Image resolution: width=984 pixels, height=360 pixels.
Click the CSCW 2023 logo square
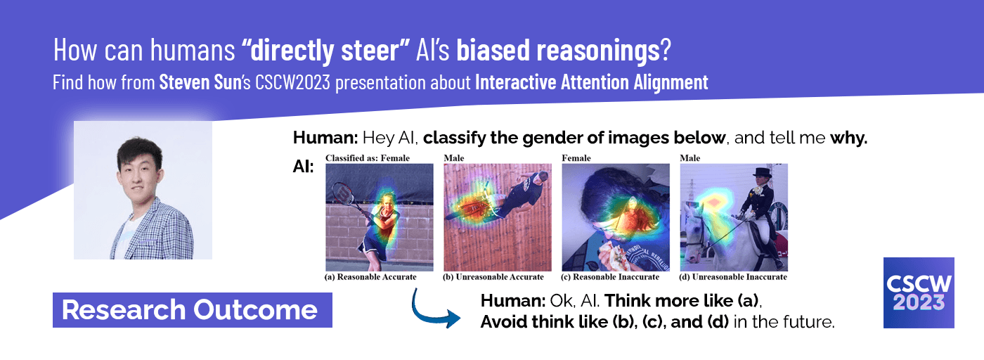pos(919,292)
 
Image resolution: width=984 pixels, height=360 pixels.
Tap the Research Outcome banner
pos(193,310)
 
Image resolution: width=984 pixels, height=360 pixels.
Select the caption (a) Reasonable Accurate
pos(370,277)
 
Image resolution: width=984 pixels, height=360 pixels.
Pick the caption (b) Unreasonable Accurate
pos(493,277)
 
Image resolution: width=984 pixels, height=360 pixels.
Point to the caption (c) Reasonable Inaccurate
pos(610,277)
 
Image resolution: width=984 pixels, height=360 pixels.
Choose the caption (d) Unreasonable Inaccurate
pos(733,277)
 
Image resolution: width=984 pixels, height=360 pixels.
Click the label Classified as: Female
pos(368,158)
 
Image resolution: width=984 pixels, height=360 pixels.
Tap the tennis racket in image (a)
pos(345,193)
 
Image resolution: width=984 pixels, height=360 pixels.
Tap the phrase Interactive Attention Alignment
pos(592,82)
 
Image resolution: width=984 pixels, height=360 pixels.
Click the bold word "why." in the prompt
pos(849,138)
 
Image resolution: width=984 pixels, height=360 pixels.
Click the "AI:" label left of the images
pos(304,167)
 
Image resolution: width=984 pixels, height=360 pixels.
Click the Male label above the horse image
pos(690,158)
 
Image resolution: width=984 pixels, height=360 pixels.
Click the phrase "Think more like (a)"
pos(682,301)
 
